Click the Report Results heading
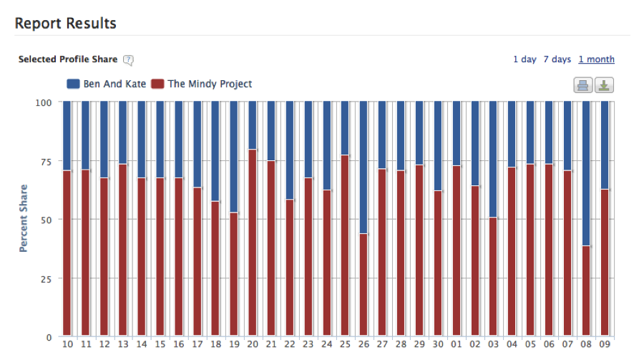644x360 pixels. coord(65,23)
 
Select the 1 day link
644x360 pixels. coord(525,59)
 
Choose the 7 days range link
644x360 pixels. coord(557,59)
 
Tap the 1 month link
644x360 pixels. coord(597,59)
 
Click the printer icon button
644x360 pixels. coord(583,86)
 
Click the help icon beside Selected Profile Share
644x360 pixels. coord(129,60)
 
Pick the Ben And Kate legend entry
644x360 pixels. coord(107,84)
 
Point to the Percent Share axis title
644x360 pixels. coord(24,218)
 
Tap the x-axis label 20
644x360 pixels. coord(253,345)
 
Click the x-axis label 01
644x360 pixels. coord(457,345)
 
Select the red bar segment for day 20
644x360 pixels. coord(253,243)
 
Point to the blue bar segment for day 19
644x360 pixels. coord(234,157)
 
